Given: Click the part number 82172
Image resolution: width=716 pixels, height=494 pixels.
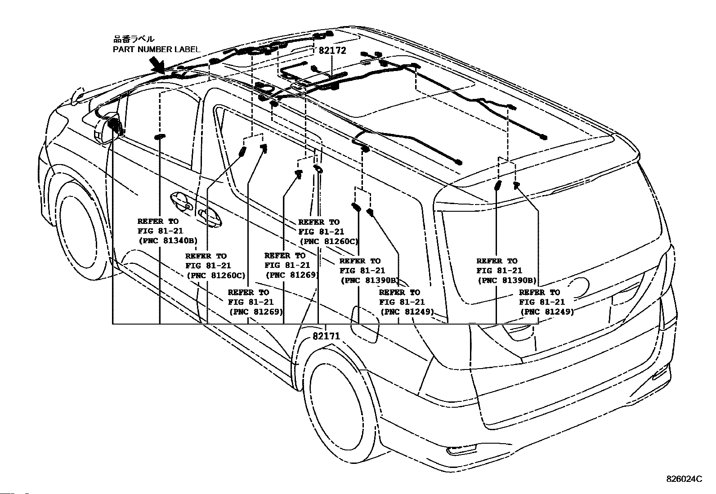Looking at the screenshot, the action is point(332,50).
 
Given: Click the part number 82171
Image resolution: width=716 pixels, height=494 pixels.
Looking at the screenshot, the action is point(326,336).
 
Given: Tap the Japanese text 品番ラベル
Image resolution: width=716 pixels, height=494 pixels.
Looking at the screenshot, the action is point(134,39).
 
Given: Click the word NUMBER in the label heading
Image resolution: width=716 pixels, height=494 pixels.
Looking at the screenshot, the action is point(154,49).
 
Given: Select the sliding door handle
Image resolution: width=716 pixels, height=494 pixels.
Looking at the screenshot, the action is point(210,218).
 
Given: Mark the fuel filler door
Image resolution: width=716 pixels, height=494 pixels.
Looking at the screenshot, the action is point(364,325).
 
